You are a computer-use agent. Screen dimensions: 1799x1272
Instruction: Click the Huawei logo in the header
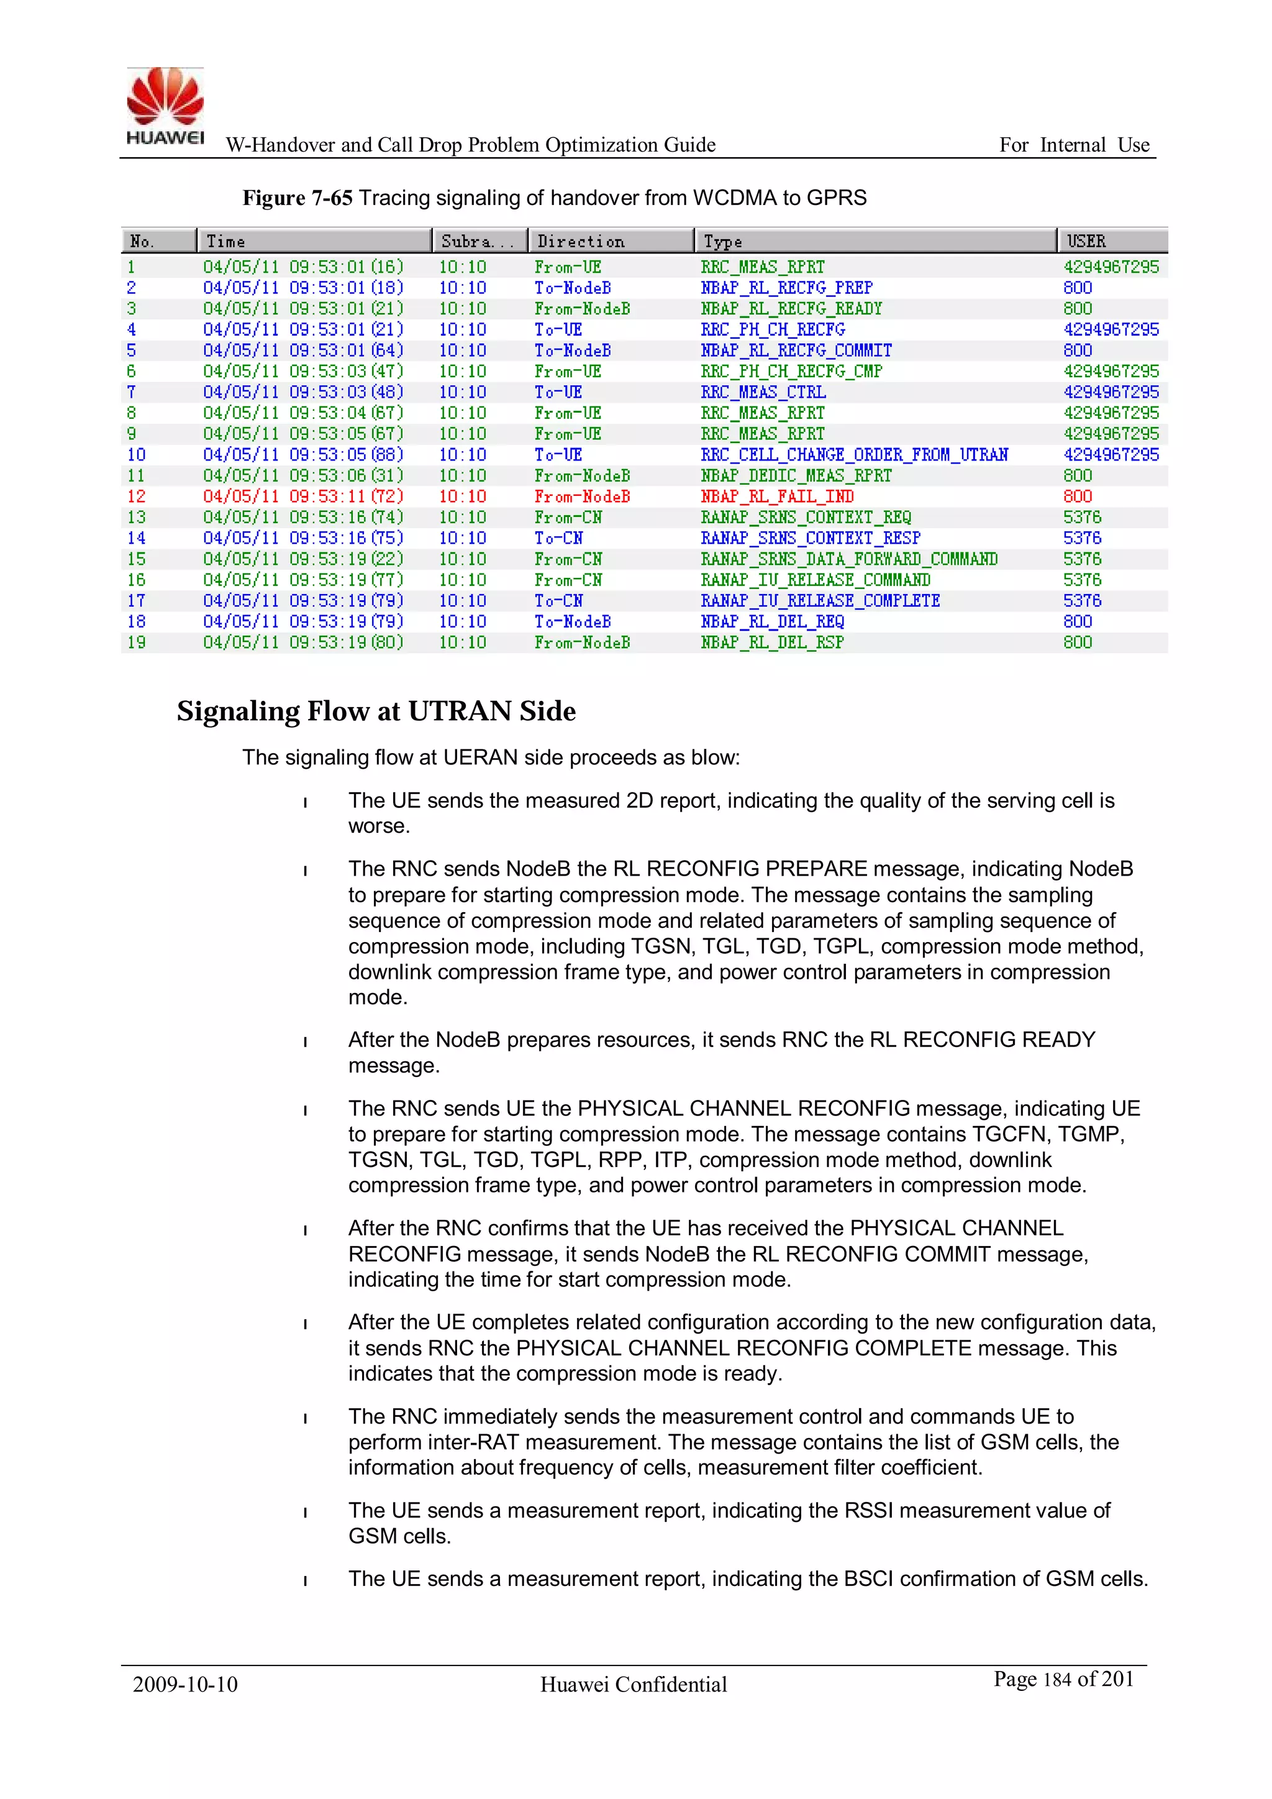point(165,106)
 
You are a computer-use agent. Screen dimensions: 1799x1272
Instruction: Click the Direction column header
point(581,241)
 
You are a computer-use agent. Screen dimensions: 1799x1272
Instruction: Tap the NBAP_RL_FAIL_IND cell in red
point(777,497)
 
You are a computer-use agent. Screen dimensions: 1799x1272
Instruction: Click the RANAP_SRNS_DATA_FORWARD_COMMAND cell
point(849,559)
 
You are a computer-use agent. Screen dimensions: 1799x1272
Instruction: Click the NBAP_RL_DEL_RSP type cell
point(771,643)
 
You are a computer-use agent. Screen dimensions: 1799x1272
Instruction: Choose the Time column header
point(225,241)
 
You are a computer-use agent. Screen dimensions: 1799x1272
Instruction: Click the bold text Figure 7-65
point(297,198)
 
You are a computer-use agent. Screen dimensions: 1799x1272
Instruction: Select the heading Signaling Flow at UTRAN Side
point(376,712)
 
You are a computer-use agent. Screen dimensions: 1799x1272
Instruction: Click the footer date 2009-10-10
point(185,1685)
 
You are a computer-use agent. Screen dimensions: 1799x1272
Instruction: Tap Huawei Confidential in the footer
point(634,1685)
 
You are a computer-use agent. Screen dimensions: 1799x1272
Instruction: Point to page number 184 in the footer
point(1056,1680)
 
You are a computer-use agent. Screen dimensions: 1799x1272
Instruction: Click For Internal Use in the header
point(1074,145)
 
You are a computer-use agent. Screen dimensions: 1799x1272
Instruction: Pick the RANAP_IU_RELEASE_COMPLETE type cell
point(820,601)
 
